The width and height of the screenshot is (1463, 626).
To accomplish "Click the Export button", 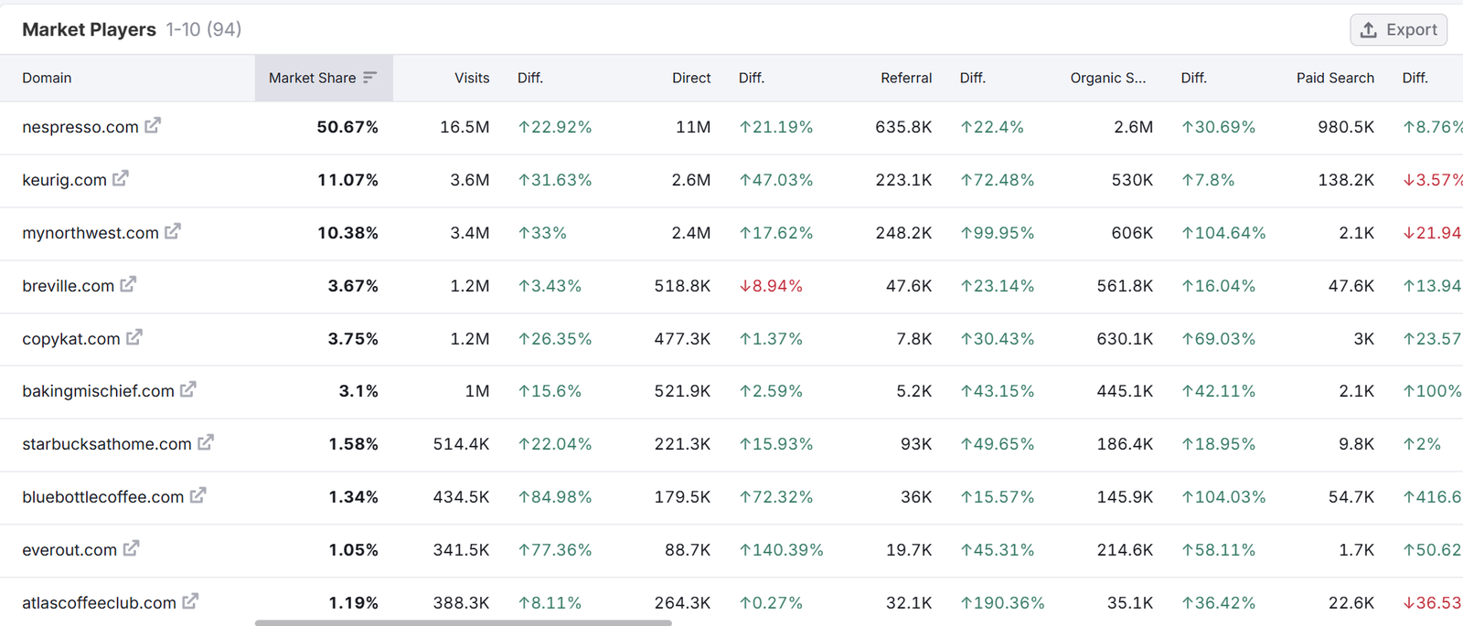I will click(x=1398, y=30).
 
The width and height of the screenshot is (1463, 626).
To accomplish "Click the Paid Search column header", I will click(x=1334, y=79).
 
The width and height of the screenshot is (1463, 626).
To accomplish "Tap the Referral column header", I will click(x=905, y=79).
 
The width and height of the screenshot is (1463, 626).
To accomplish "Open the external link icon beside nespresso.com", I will click(x=153, y=125).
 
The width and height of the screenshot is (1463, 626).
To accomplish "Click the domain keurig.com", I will click(x=64, y=180).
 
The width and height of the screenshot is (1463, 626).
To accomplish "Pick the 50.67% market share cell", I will click(x=347, y=127).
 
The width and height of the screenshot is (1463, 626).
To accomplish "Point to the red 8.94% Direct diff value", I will click(x=771, y=286).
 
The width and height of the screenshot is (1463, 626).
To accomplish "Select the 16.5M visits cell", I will click(x=465, y=127).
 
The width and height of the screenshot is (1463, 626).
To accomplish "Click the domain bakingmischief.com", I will click(x=98, y=391).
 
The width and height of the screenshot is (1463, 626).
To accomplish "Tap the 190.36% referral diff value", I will click(x=1002, y=603).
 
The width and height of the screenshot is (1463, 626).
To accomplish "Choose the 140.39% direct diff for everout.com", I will click(x=781, y=550).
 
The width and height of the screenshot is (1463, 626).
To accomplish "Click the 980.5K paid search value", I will click(x=1345, y=127).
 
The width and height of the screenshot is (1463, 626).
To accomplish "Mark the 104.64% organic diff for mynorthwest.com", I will click(x=1223, y=233).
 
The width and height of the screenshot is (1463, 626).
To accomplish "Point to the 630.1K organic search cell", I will click(x=1125, y=339).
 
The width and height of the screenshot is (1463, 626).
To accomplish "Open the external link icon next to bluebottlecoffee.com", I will click(x=198, y=495).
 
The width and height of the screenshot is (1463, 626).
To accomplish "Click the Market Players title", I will click(x=89, y=30).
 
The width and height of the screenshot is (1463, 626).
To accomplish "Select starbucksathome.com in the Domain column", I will click(x=107, y=444).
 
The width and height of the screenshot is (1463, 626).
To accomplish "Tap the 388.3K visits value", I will click(x=461, y=603).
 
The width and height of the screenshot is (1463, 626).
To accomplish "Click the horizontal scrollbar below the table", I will click(x=463, y=623).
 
